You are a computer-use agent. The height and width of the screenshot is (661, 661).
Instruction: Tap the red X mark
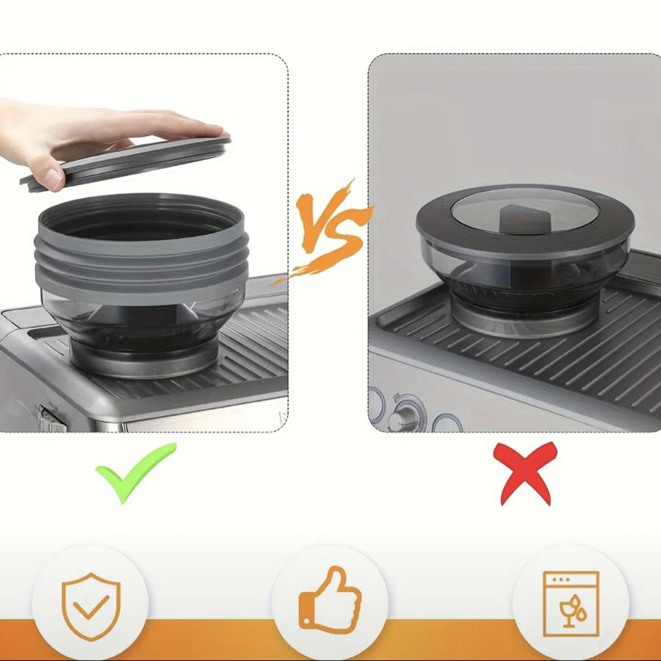pos(525,473)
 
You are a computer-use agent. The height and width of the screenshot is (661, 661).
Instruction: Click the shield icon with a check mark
pos(91,606)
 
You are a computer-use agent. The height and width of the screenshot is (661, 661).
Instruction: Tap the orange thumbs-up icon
pos(330,601)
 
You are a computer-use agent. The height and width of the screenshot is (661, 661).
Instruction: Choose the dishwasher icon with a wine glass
pos(571,604)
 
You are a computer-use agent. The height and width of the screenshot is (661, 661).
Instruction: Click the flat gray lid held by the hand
pos(126,162)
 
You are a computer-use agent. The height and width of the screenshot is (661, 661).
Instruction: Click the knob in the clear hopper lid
pos(524,218)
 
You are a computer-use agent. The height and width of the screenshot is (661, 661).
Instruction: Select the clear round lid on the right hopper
pos(525,211)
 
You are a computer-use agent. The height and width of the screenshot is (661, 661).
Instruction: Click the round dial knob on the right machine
pos(404,417)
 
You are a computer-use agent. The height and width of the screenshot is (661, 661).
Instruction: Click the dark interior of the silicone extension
pos(141,221)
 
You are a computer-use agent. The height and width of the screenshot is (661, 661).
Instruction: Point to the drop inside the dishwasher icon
pos(582,615)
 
